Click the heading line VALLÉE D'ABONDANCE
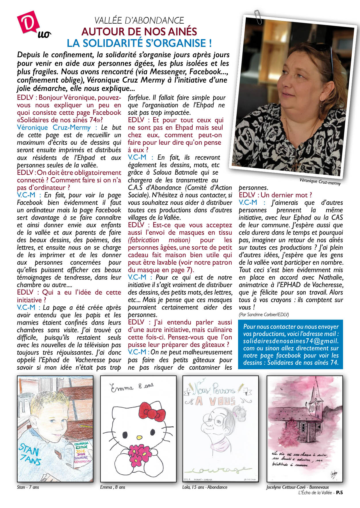[x=139, y=20]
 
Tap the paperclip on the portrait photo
[x=258, y=17]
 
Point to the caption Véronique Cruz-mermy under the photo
[x=320, y=182]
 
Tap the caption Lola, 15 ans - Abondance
[x=205, y=487]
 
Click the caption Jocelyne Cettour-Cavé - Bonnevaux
[x=297, y=487]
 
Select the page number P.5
[x=339, y=492]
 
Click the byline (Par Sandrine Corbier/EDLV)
[x=264, y=314]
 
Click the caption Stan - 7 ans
[x=28, y=487]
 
